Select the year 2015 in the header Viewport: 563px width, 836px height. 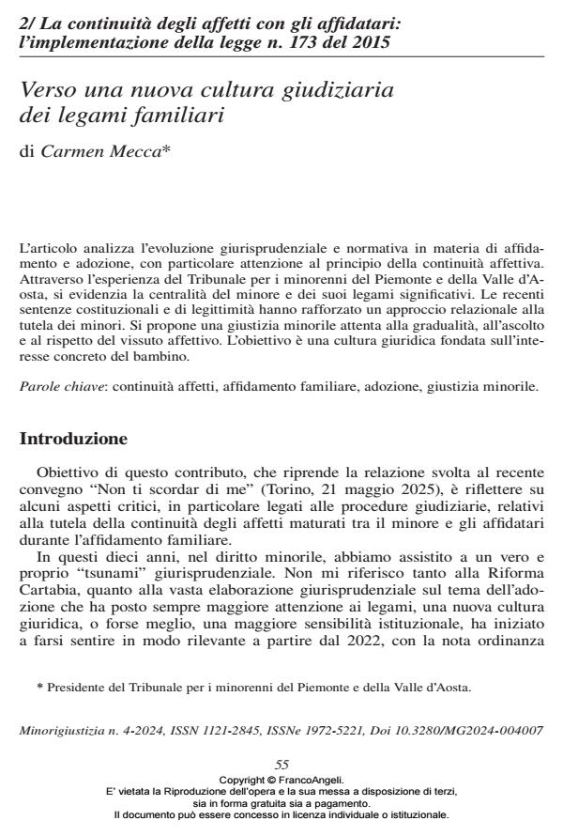click(373, 42)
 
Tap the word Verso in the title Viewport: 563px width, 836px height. click(48, 92)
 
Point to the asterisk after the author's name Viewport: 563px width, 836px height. click(166, 148)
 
